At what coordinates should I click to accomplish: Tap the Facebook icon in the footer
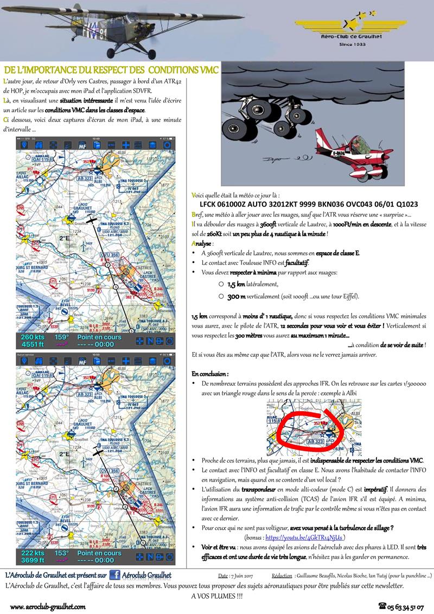(115, 575)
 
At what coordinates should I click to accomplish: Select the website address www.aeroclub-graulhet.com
(48, 606)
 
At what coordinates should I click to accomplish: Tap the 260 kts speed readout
(32, 337)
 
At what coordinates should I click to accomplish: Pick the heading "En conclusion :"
(210, 374)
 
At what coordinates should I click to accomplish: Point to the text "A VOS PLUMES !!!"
(216, 596)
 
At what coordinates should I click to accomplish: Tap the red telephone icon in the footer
(382, 607)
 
